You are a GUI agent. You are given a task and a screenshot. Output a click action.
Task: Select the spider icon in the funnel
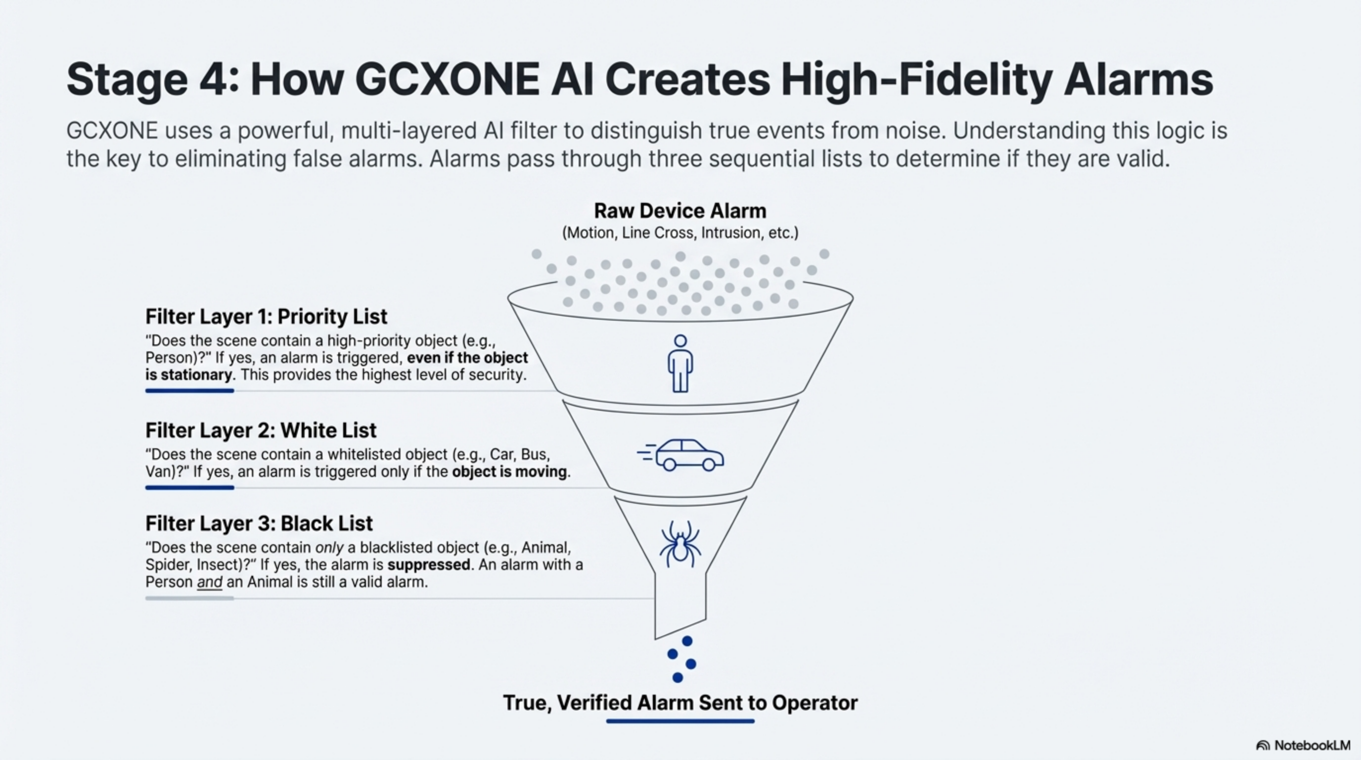[680, 544]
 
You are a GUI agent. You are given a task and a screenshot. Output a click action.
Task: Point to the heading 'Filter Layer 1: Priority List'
[266, 317]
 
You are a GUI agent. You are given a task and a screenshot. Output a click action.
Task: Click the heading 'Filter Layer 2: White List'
[261, 430]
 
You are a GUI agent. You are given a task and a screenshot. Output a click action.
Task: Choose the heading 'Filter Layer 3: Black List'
[259, 523]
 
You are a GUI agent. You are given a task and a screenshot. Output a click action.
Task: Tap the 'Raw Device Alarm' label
[680, 210]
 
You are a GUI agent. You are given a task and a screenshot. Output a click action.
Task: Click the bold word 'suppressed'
[428, 565]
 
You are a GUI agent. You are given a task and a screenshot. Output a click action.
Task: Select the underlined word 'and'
[209, 582]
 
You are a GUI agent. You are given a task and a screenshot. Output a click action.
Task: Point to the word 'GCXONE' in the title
[447, 79]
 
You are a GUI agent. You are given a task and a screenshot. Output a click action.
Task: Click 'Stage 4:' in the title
[152, 79]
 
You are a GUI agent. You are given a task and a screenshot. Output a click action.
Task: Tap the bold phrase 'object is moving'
[509, 472]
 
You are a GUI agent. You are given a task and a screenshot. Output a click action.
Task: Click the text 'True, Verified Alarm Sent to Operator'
[680, 703]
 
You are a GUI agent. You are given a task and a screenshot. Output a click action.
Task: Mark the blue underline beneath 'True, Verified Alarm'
[680, 721]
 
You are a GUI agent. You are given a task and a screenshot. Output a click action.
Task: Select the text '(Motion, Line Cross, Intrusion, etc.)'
[680, 233]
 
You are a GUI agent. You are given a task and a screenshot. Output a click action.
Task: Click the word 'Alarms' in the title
[1138, 79]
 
